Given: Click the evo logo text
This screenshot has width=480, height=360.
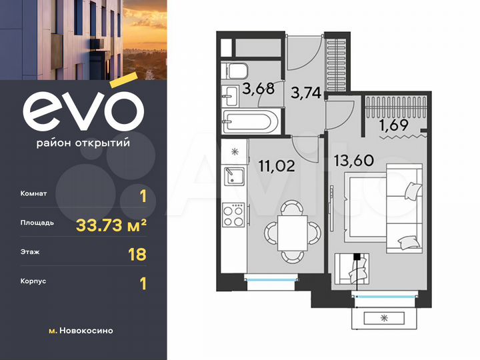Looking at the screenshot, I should point(83,110).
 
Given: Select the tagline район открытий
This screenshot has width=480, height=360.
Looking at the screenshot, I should point(83,142).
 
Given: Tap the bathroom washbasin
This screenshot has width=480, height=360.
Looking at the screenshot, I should point(229,95).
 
